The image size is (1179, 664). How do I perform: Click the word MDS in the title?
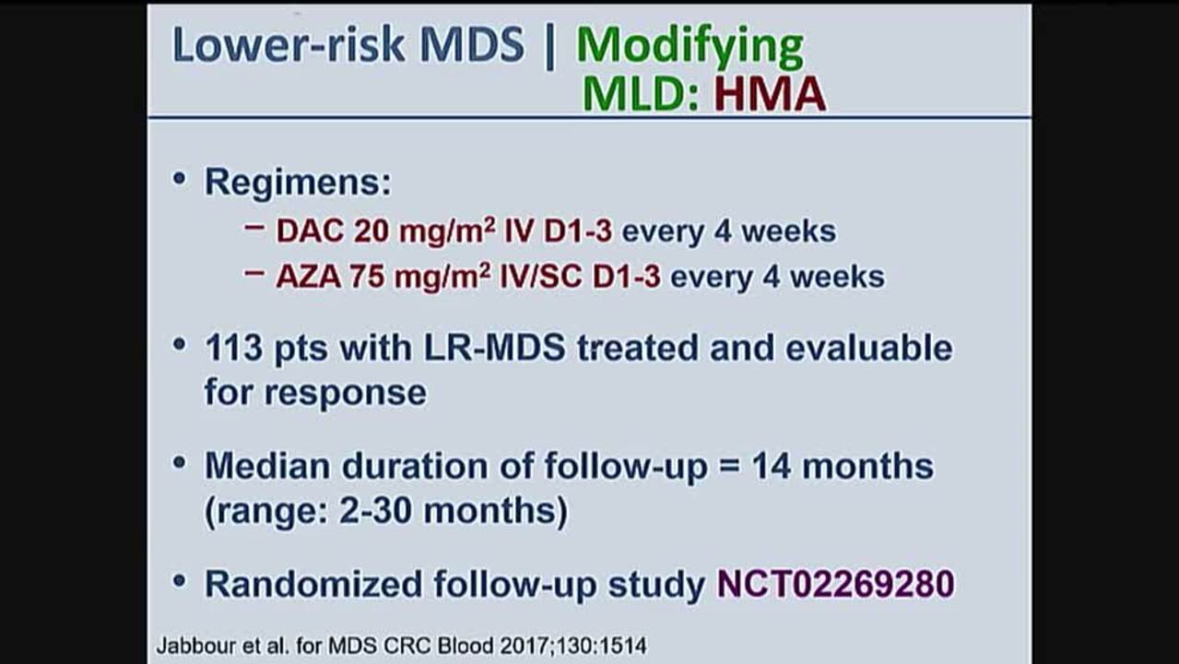pyautogui.click(x=472, y=44)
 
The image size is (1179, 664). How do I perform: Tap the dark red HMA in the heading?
pyautogui.click(x=770, y=94)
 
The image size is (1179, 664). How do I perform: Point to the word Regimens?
pyautogui.click(x=298, y=184)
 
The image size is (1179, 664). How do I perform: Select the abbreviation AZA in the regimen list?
pyautogui.click(x=308, y=277)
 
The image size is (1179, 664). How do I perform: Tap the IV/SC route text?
pyautogui.click(x=541, y=277)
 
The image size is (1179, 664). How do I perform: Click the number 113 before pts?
pyautogui.click(x=233, y=348)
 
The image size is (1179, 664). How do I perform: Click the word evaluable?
pyautogui.click(x=868, y=348)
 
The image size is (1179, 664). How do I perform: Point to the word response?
pyautogui.click(x=346, y=394)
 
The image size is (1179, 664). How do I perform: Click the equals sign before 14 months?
pyautogui.click(x=729, y=467)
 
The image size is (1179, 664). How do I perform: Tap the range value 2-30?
pyautogui.click(x=375, y=511)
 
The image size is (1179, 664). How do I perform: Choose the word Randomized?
pyautogui.click(x=313, y=584)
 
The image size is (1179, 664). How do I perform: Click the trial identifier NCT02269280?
pyautogui.click(x=836, y=584)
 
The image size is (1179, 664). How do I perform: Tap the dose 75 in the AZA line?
pyautogui.click(x=367, y=277)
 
